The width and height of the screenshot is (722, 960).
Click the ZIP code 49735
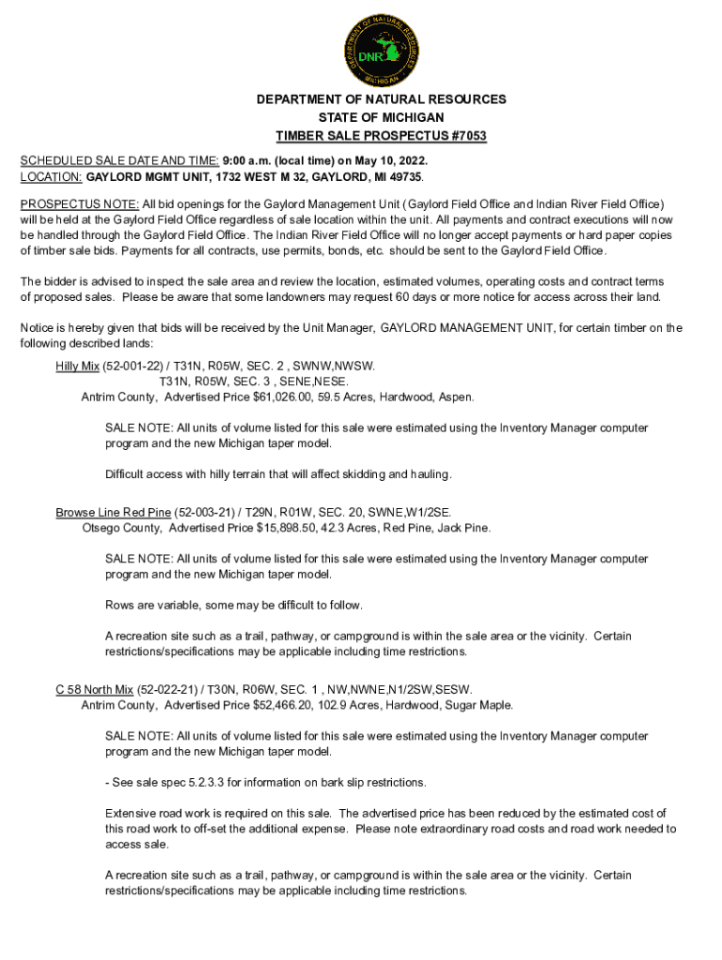[404, 176]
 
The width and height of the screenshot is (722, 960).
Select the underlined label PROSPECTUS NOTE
[80, 203]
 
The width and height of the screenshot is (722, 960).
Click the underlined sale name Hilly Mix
[78, 366]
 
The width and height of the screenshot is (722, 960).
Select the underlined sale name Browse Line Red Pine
[113, 512]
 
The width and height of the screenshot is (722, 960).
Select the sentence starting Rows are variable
[233, 604]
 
